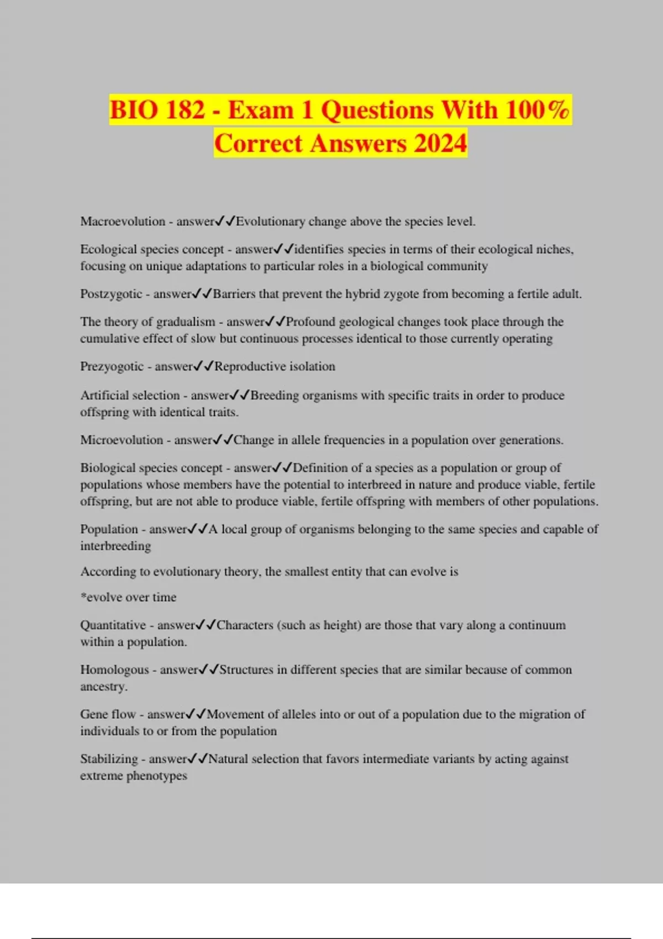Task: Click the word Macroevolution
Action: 123,221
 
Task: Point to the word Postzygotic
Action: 111,294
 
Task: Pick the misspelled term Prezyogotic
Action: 112,366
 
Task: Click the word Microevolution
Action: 122,440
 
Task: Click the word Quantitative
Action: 113,625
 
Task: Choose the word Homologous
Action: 114,670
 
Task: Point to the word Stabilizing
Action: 109,759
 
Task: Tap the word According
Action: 108,572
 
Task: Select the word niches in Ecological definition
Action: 555,250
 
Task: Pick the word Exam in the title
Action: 260,110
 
